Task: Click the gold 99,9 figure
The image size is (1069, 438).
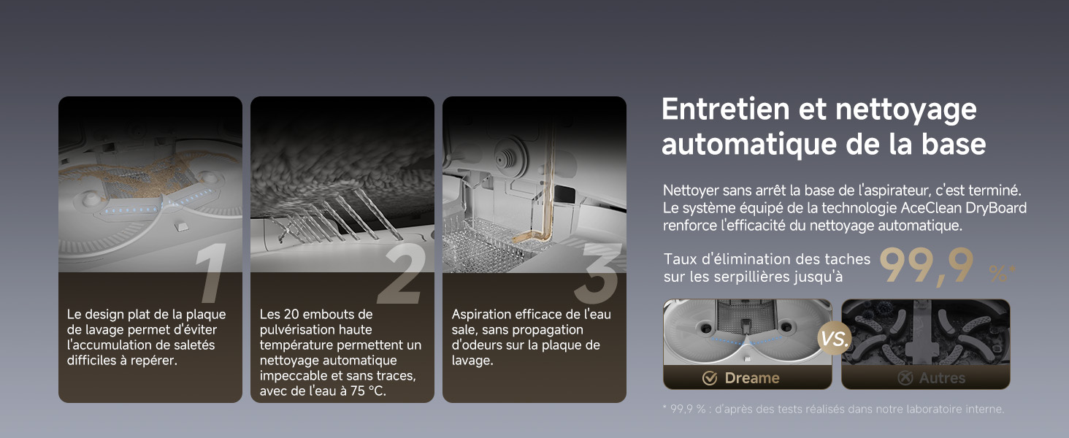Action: tap(927, 266)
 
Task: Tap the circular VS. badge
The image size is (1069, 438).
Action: tap(835, 339)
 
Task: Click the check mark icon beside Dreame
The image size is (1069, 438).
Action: tap(710, 378)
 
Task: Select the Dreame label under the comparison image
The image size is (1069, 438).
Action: tap(752, 378)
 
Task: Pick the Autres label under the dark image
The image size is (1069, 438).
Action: tap(942, 378)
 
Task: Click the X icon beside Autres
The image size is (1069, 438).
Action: tap(905, 378)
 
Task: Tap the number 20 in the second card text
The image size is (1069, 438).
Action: tap(291, 315)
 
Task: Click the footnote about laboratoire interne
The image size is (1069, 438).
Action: tap(833, 409)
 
